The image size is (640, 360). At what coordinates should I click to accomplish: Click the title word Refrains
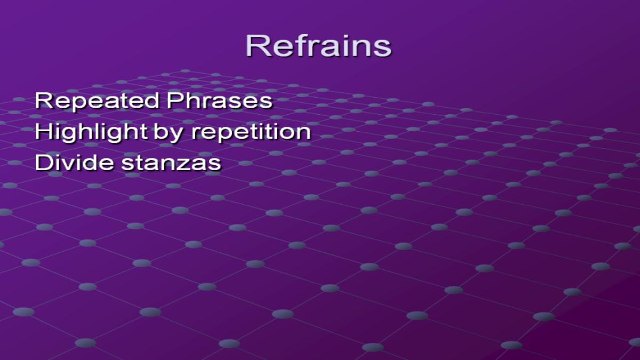(x=318, y=46)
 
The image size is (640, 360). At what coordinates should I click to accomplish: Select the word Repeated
(x=97, y=101)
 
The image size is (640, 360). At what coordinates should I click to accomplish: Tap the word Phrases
(x=220, y=100)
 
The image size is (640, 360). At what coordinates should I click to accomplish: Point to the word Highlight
(x=91, y=133)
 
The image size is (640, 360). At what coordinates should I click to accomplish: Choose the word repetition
(x=251, y=133)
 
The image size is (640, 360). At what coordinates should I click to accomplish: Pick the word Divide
(x=74, y=162)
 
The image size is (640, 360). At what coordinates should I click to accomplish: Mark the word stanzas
(x=171, y=163)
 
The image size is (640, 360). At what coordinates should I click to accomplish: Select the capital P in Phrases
(x=175, y=100)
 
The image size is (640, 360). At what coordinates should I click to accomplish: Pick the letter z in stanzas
(x=189, y=165)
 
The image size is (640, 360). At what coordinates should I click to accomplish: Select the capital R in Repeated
(x=44, y=100)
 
